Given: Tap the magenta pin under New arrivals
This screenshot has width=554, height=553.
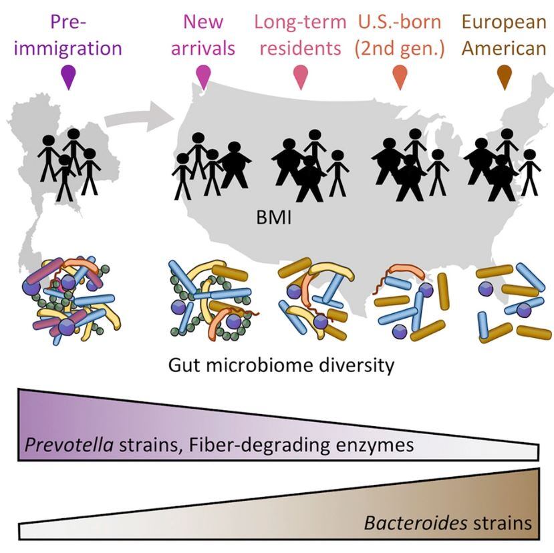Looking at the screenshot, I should [203, 76].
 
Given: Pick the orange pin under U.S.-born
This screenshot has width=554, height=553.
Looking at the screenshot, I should [400, 77].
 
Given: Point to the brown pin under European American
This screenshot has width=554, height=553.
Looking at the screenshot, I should [505, 77].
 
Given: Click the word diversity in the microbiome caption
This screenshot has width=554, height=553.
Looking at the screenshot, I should [353, 366].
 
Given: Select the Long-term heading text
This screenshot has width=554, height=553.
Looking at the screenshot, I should [301, 21].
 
